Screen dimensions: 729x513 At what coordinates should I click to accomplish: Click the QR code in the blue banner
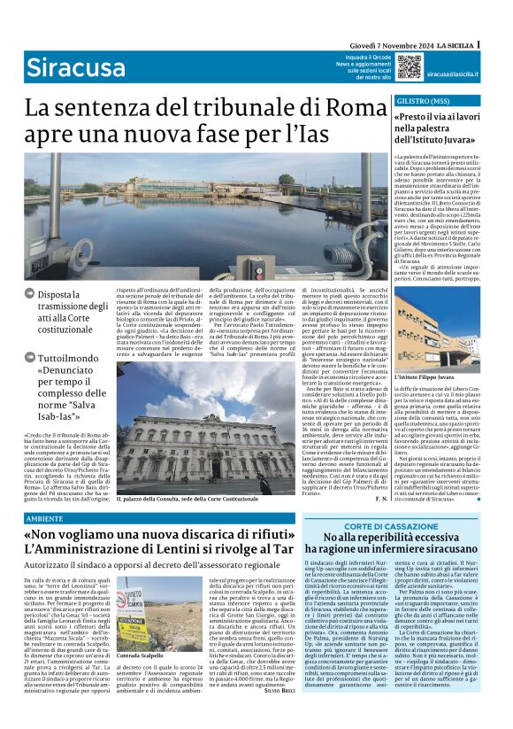408,67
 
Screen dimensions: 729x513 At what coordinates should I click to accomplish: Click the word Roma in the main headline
329,110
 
